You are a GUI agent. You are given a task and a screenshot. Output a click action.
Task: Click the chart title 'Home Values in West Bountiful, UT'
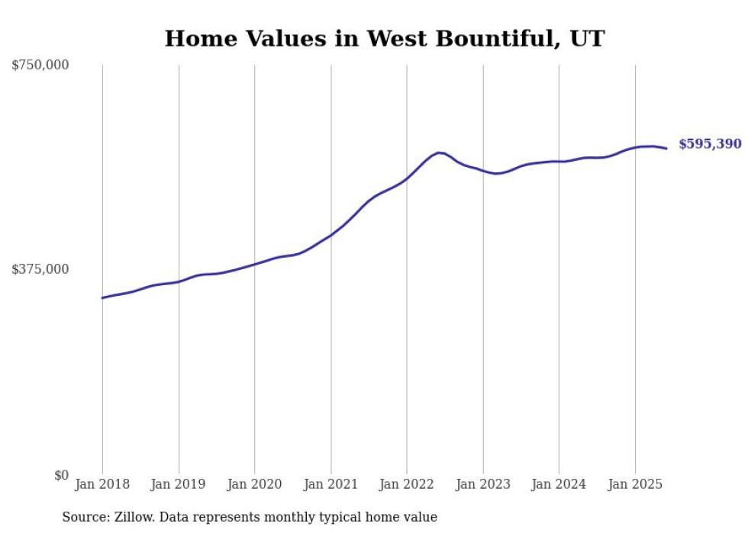click(384, 39)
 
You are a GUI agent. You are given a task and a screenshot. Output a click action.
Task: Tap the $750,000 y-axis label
click(40, 66)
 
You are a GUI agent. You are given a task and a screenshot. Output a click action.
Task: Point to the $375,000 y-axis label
click(40, 269)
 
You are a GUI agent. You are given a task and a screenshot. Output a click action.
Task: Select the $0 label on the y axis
click(60, 475)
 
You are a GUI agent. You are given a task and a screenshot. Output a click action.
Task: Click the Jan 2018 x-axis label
click(102, 484)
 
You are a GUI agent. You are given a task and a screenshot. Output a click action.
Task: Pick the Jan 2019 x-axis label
click(179, 484)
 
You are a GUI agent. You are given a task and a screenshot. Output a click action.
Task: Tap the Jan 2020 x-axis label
click(255, 484)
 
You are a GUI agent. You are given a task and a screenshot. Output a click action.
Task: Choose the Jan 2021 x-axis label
click(330, 484)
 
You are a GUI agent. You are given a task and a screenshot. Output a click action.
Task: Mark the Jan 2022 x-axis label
click(407, 484)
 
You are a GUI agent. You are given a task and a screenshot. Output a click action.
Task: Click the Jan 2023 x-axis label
click(482, 484)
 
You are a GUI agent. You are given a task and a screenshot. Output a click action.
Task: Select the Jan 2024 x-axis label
click(559, 484)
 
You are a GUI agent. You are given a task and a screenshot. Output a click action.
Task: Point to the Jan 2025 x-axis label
click(635, 484)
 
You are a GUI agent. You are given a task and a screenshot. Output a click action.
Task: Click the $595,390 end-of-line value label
click(710, 144)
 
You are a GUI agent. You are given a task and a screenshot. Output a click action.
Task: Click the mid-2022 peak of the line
click(440, 153)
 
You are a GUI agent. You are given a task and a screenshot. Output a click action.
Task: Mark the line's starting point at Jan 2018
click(102, 297)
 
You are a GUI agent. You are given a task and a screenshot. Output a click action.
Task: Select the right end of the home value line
click(666, 148)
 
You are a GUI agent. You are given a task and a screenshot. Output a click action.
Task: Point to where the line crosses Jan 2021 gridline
click(330, 235)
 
